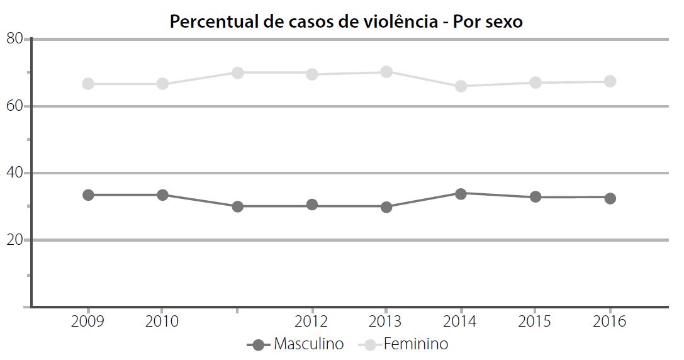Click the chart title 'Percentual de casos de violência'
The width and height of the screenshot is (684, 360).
346,21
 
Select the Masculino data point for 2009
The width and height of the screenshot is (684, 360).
88,195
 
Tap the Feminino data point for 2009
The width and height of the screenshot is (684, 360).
88,84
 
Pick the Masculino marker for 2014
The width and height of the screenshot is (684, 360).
461,194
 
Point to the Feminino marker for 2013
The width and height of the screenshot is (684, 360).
386,72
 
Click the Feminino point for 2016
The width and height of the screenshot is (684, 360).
610,81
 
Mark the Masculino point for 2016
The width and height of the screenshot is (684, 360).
610,198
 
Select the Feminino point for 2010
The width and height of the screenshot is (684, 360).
162,84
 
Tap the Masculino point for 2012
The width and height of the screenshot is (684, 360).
312,205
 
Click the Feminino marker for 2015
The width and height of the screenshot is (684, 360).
535,82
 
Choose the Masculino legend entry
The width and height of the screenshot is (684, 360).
296,344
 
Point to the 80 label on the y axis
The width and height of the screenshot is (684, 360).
14,39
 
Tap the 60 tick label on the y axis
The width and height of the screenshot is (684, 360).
14,106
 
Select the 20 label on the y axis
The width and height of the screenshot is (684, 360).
14,240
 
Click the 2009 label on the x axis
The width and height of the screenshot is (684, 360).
88,322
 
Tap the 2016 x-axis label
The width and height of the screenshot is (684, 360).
610,322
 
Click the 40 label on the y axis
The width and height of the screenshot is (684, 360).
14,173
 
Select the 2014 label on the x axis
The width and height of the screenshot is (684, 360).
461,322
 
